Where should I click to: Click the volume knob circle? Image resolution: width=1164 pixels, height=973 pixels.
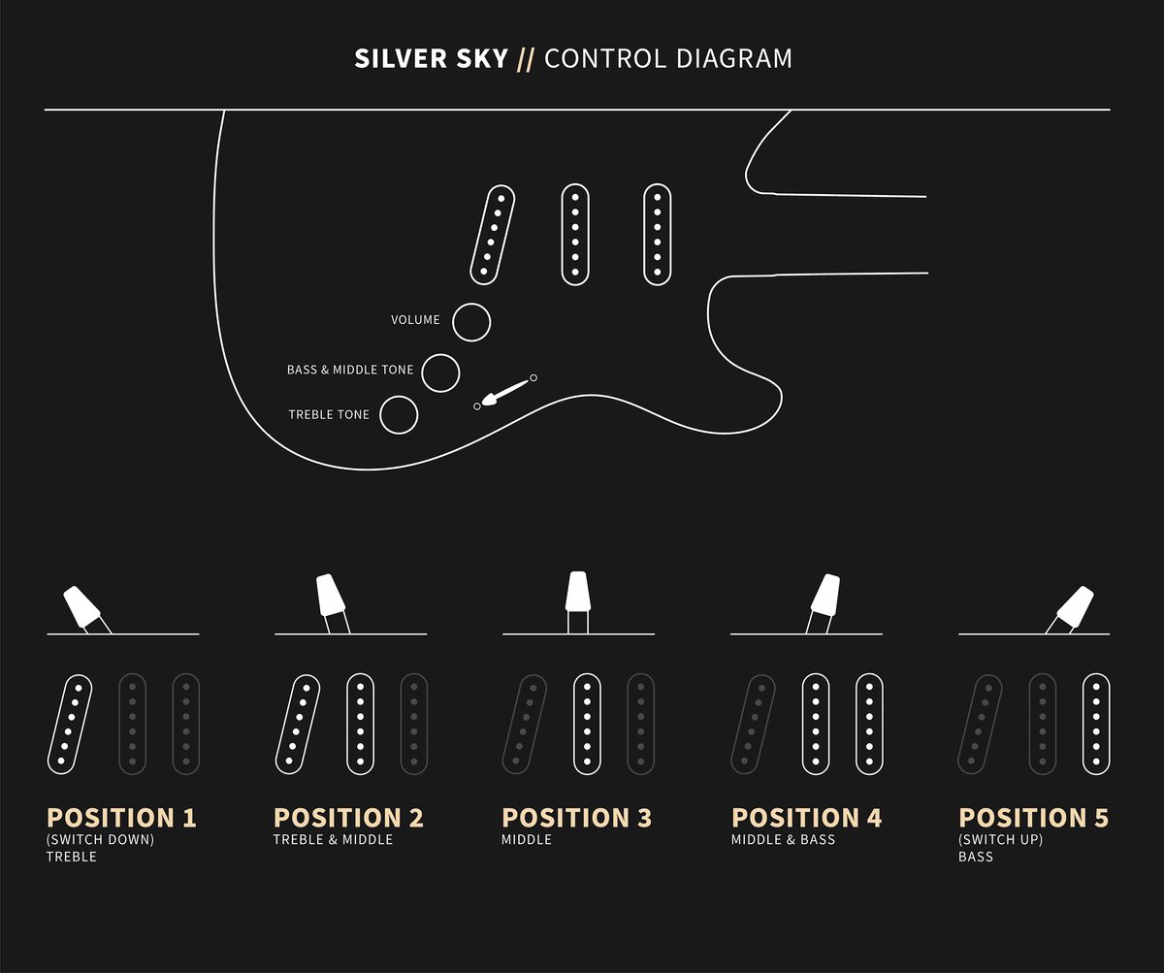(x=471, y=322)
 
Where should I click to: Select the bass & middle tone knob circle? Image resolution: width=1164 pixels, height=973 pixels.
(x=440, y=373)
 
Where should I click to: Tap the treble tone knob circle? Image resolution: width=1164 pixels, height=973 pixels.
(x=399, y=415)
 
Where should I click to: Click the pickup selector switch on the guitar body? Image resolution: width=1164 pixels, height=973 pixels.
(x=505, y=392)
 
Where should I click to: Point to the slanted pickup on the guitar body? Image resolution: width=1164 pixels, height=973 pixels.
(x=492, y=235)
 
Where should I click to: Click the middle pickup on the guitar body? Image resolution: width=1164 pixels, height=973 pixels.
(x=575, y=235)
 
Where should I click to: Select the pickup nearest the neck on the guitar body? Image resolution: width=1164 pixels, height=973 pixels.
(x=658, y=235)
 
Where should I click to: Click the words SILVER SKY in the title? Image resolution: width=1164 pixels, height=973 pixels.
(x=431, y=58)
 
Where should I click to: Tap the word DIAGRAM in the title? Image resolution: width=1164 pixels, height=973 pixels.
(x=733, y=58)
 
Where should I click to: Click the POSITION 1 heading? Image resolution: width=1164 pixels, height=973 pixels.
(x=121, y=818)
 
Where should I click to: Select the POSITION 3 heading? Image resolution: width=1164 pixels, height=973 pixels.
(x=576, y=818)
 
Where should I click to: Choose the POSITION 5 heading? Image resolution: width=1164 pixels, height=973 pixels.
(x=1034, y=818)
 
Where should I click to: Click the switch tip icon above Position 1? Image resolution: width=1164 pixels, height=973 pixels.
(x=81, y=605)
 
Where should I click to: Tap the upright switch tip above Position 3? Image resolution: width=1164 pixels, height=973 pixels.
(x=577, y=591)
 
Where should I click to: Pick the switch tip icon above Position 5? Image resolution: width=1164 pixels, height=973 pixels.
(x=1075, y=605)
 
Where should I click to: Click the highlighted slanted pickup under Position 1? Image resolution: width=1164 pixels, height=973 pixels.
(x=70, y=725)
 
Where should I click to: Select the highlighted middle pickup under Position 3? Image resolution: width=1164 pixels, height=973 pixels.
(x=587, y=725)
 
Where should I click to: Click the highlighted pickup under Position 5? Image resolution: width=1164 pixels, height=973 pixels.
(x=1096, y=725)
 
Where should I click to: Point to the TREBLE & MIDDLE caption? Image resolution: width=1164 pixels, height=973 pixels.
(x=333, y=840)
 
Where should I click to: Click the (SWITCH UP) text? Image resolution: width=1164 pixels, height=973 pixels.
(x=1001, y=840)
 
